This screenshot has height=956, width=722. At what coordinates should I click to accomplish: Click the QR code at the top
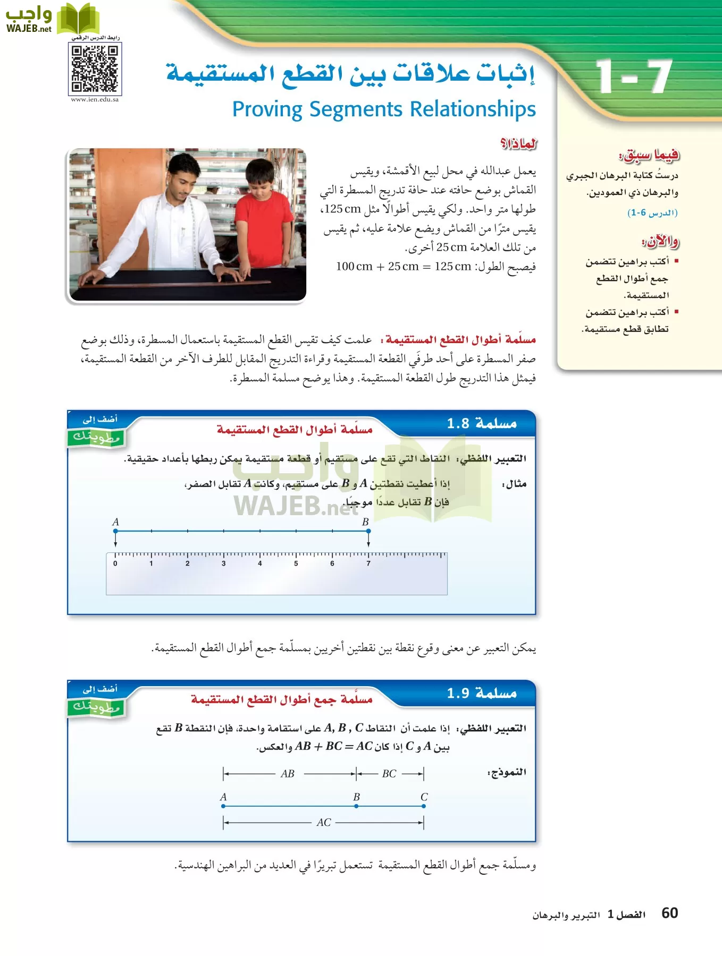(x=95, y=69)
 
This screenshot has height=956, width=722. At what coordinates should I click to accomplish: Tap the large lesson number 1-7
(x=633, y=76)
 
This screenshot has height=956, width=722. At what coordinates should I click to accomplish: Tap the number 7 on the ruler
(x=368, y=564)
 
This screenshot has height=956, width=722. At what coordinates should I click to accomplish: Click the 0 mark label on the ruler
(x=115, y=564)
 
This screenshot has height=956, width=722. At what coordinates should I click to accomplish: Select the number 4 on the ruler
(x=260, y=564)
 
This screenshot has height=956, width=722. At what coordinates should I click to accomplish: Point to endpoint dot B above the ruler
(x=368, y=531)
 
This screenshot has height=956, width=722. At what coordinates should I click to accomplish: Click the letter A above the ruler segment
(x=115, y=522)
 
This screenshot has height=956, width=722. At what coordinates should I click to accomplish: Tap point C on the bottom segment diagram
(x=424, y=806)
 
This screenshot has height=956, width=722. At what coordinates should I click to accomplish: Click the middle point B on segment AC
(x=356, y=806)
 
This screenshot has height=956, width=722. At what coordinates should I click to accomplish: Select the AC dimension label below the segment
(x=324, y=823)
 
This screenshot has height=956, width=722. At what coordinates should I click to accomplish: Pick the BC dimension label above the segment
(x=389, y=774)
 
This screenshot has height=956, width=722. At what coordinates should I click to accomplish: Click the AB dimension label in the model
(x=288, y=774)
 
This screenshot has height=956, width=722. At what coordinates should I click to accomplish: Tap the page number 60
(x=669, y=913)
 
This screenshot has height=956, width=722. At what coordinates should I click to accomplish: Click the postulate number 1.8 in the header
(x=458, y=423)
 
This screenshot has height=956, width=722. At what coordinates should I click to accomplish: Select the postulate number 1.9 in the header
(x=458, y=693)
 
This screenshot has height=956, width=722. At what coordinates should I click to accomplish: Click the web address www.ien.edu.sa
(x=95, y=99)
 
